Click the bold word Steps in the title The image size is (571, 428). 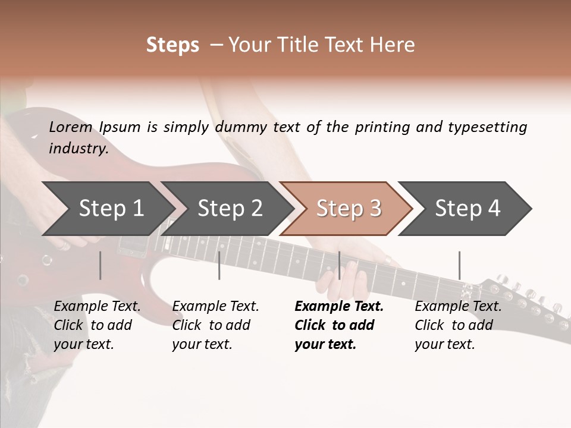[x=172, y=45]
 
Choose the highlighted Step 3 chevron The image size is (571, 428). [x=349, y=208]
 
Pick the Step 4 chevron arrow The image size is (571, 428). [x=468, y=208]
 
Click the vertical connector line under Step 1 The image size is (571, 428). [x=101, y=265]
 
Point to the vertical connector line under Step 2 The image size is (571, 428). [x=219, y=265]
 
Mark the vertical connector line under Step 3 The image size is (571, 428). [x=339, y=265]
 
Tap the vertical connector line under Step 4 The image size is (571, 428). [x=459, y=265]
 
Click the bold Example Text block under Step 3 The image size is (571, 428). [x=339, y=325]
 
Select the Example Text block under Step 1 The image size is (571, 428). [x=98, y=325]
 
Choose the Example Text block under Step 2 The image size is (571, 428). [x=215, y=325]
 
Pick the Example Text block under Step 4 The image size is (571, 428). [x=458, y=325]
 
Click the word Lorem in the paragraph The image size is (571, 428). [x=71, y=127]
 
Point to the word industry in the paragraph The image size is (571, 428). [x=79, y=148]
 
